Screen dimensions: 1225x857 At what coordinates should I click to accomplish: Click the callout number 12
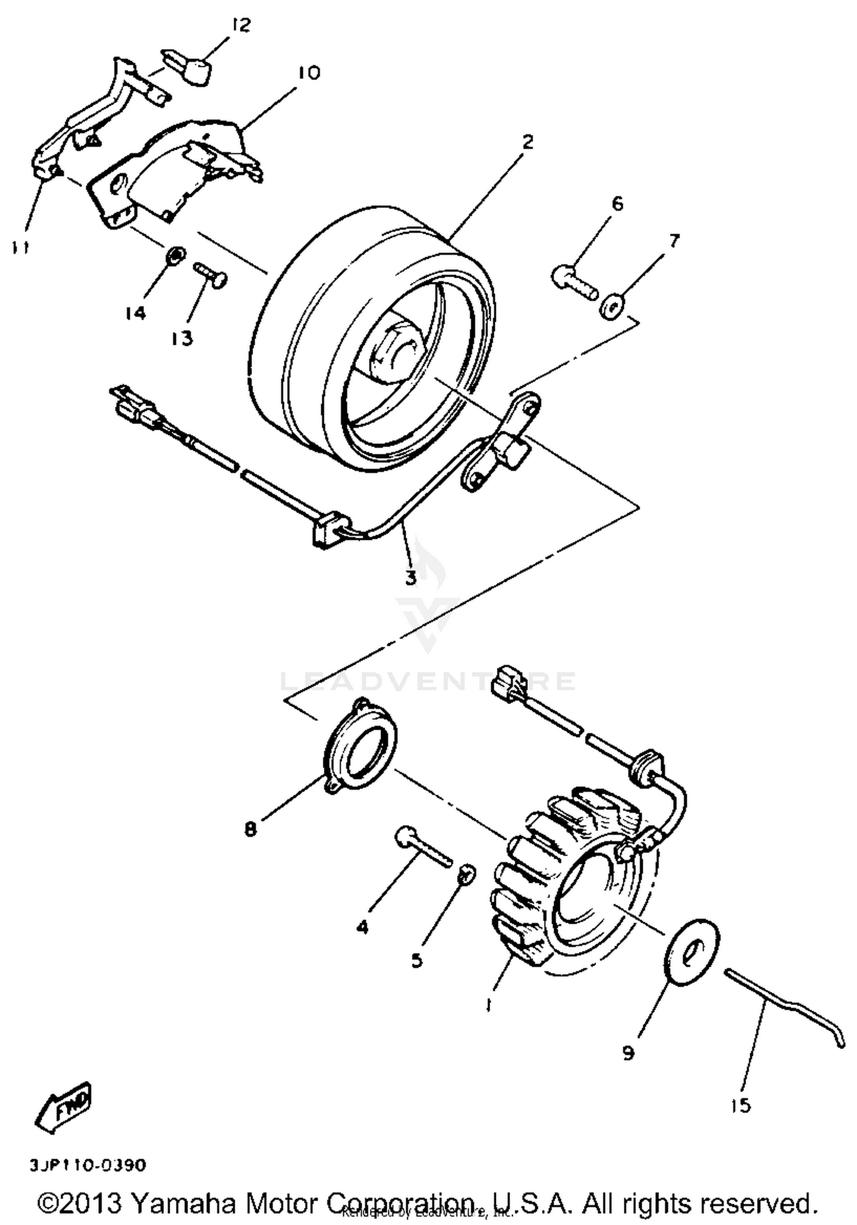241,25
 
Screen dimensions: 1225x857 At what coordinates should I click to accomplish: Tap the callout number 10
309,73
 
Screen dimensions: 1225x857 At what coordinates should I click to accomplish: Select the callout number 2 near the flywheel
527,142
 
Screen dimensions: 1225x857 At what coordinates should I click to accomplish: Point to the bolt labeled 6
574,283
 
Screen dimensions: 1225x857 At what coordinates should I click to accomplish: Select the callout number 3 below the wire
411,578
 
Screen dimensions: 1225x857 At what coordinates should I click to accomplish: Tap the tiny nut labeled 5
466,873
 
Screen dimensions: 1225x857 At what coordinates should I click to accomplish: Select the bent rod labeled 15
783,1007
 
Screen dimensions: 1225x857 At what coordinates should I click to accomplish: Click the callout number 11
21,247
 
